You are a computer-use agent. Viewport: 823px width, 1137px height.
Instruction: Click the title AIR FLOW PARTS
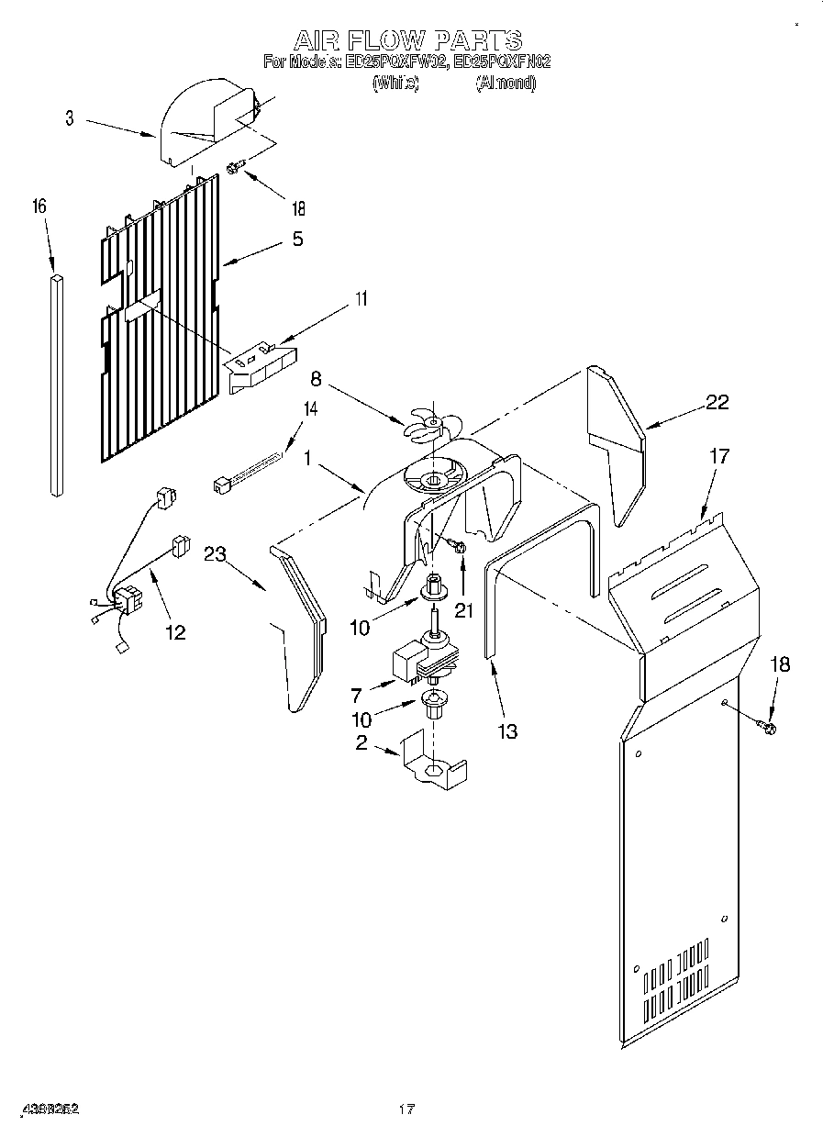[x=407, y=40]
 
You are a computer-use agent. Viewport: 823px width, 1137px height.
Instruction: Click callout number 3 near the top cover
[x=70, y=117]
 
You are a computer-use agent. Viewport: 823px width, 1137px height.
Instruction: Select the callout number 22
[x=717, y=401]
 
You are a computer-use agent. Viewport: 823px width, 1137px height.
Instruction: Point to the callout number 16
[x=39, y=207]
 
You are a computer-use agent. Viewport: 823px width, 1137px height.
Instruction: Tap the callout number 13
[x=506, y=730]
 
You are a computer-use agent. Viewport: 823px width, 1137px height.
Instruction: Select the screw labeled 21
[x=458, y=546]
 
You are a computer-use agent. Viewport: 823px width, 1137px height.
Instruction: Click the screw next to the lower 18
[x=767, y=728]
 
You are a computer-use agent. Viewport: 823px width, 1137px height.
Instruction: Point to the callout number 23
[x=215, y=553]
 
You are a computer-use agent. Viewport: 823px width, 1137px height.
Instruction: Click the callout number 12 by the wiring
[x=174, y=632]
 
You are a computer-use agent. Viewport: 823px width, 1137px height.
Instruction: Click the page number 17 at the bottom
[x=407, y=1109]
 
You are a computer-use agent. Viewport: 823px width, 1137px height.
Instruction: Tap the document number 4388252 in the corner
[x=50, y=1109]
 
